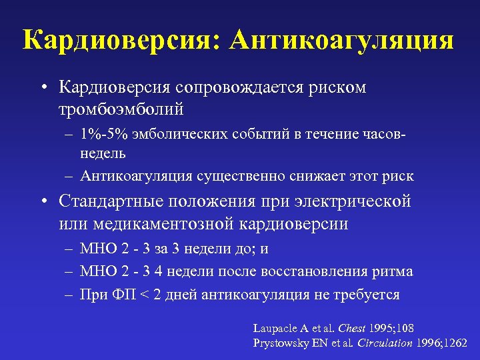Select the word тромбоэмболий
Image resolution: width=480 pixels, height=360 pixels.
(x=121, y=108)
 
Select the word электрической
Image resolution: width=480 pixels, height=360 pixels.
(x=353, y=201)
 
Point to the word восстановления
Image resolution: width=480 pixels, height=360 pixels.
(x=333, y=271)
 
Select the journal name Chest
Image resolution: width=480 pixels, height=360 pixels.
(x=351, y=328)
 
